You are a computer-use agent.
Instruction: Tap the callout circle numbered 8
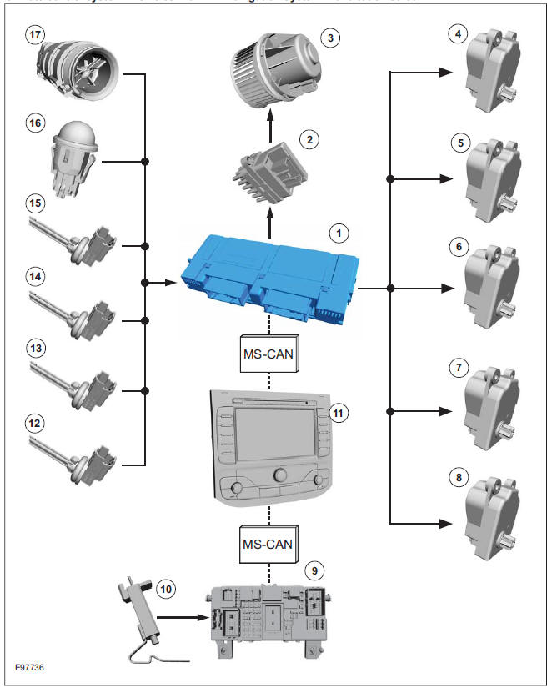coord(456,479)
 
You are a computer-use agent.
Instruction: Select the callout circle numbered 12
coord(34,424)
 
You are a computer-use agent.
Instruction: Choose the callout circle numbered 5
coord(456,143)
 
